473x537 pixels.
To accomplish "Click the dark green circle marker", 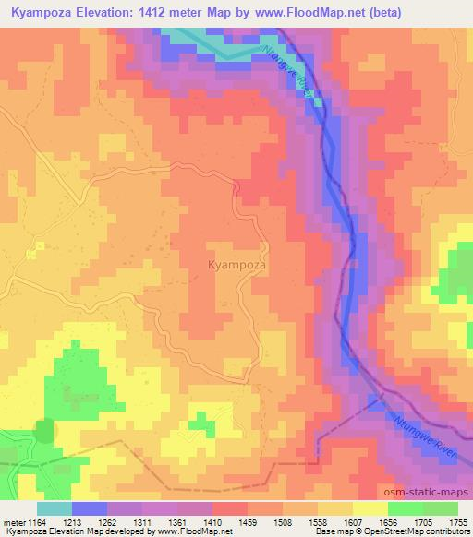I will [44, 431].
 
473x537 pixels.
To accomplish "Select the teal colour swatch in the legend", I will [55, 507].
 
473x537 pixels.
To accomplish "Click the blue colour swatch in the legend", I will [90, 507].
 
